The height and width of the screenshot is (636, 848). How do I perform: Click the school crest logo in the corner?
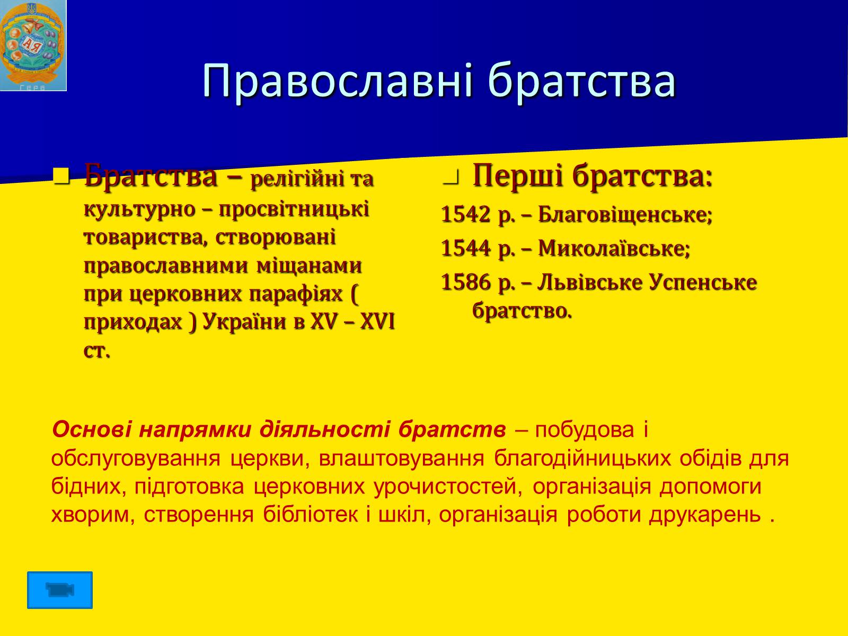click(x=33, y=46)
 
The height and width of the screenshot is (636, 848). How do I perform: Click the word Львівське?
click(x=589, y=282)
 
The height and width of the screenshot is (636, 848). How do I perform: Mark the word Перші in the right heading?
click(x=518, y=176)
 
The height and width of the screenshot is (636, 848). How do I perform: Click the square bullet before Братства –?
click(x=62, y=176)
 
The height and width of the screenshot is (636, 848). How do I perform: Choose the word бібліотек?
click(x=311, y=514)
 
